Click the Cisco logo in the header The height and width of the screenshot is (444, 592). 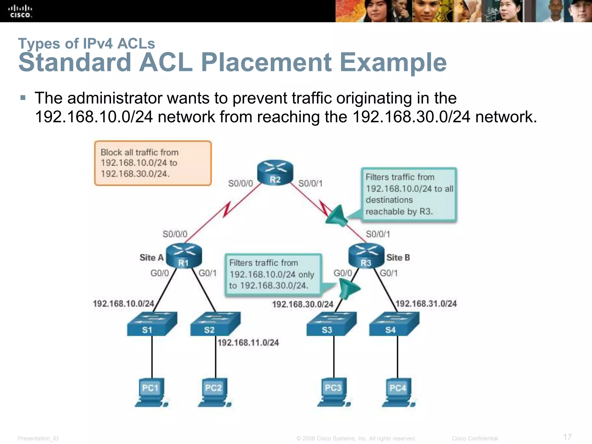20,12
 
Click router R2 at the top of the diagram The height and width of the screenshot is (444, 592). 275,172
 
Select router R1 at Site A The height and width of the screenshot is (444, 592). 184,256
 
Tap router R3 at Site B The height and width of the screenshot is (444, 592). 366,256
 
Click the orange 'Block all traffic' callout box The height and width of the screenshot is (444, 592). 153,163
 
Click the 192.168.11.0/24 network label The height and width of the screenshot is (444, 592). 248,343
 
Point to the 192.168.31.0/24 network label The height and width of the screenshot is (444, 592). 426,304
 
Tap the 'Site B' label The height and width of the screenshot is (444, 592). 398,258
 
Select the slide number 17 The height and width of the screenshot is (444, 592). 567,437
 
